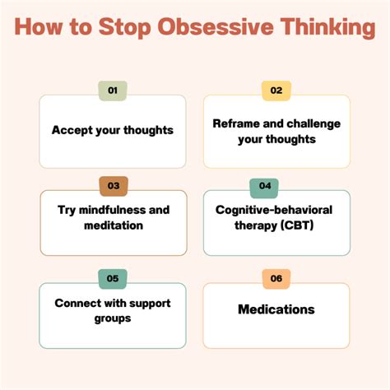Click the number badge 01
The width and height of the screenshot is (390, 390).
coord(113,91)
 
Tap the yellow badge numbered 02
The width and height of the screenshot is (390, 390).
coord(276,91)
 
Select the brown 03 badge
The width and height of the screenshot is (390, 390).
coord(113,186)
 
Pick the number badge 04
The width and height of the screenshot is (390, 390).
coord(264,186)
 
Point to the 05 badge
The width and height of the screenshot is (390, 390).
coord(113,279)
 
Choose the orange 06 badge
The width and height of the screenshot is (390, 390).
coord(276,279)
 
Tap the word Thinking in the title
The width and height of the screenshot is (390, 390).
coord(324,29)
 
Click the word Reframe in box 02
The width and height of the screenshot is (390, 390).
coord(237,123)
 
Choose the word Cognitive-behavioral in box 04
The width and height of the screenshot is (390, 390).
coord(276,210)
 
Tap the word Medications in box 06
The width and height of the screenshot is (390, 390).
coord(276,310)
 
